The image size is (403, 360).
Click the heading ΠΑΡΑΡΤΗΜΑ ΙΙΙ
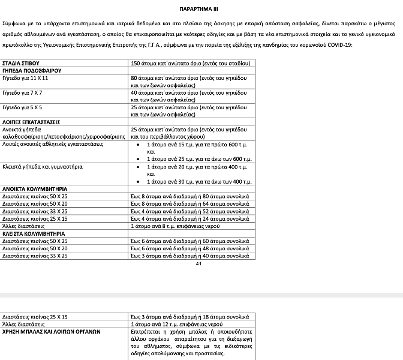[201, 10]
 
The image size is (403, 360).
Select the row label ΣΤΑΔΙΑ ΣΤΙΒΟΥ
[21, 63]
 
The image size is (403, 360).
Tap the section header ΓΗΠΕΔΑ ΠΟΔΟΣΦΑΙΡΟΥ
[31, 70]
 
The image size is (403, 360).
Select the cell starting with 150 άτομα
[190, 63]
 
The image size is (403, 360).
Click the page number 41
[199, 263]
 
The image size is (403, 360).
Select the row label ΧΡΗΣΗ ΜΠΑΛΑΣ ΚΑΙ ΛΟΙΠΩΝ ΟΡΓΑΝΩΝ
[50, 331]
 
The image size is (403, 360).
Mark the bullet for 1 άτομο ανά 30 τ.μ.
[140, 181]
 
